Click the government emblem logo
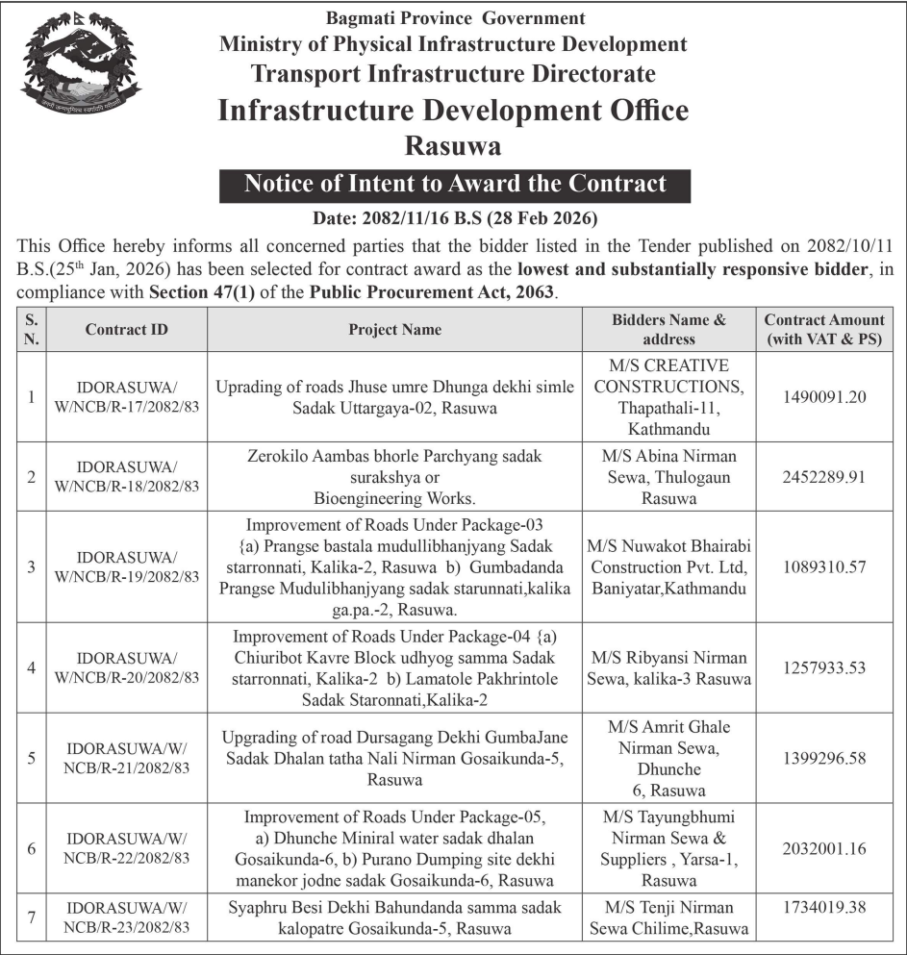(x=81, y=63)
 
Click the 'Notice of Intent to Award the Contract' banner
(x=455, y=183)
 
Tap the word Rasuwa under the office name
(x=453, y=145)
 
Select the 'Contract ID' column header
(x=126, y=329)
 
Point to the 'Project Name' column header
(x=394, y=329)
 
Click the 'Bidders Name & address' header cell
(x=668, y=329)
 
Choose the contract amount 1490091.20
(x=824, y=397)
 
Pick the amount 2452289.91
(x=824, y=476)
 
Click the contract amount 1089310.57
(x=824, y=566)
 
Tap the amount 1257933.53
(x=824, y=666)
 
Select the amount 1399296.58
(x=824, y=758)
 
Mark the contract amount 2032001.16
(x=824, y=848)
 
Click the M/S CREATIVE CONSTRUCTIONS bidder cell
(x=668, y=397)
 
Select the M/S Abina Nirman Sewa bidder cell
(x=668, y=476)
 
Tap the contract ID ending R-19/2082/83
(x=126, y=566)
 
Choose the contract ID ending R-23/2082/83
(x=126, y=917)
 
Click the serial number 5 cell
(x=31, y=758)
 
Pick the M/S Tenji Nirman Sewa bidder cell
(x=668, y=917)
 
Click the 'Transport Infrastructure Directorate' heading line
(x=453, y=73)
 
